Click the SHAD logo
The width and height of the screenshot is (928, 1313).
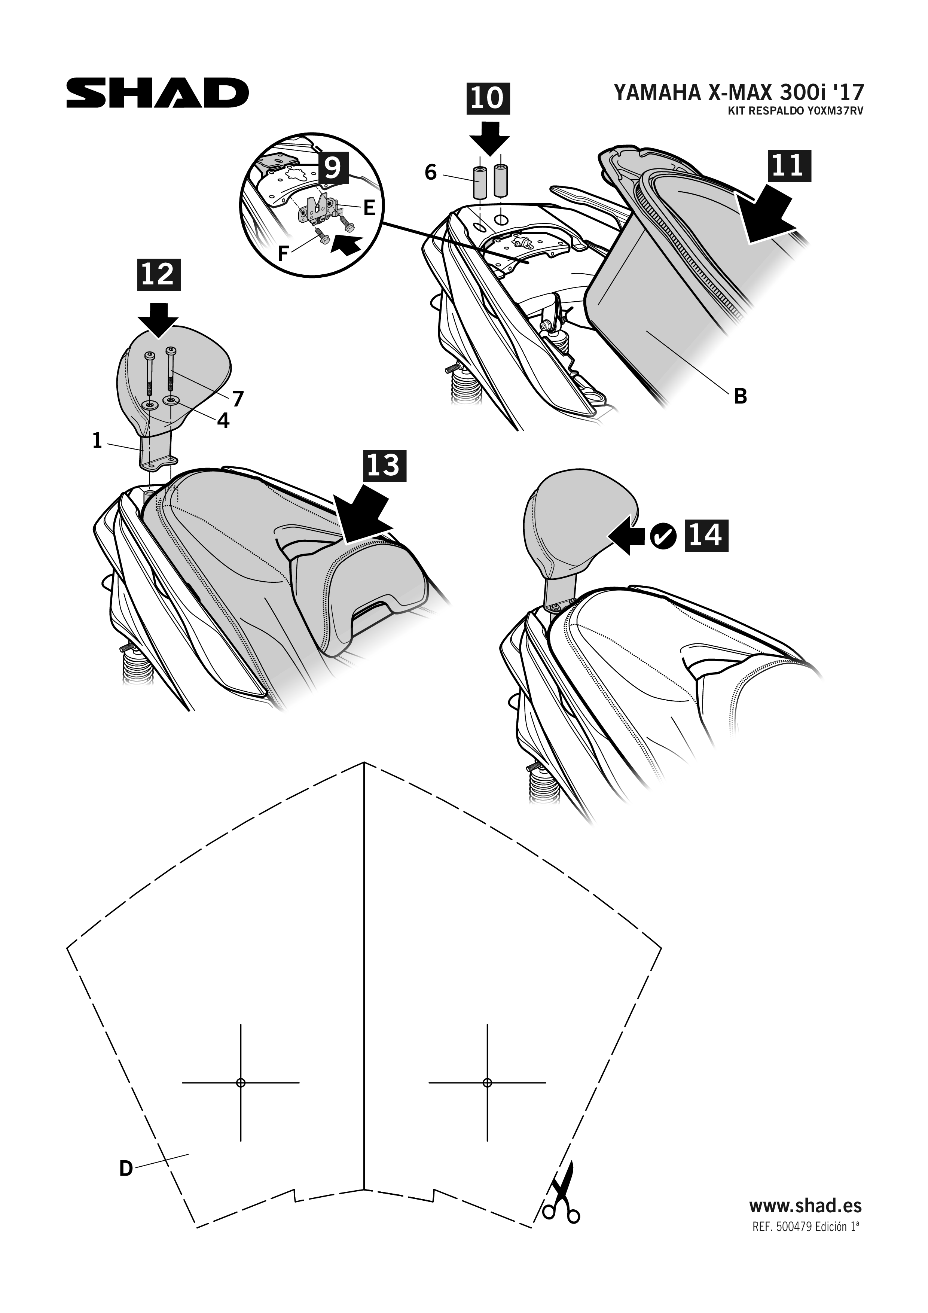[x=157, y=93]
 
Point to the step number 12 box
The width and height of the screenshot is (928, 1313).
[x=158, y=275]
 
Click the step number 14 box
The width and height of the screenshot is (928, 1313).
[x=707, y=536]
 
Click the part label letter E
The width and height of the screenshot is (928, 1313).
[x=369, y=208]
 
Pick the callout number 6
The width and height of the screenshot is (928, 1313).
[x=431, y=173]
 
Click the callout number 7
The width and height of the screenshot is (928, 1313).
[x=238, y=399]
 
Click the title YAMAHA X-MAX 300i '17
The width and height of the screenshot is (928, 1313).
[x=739, y=92]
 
